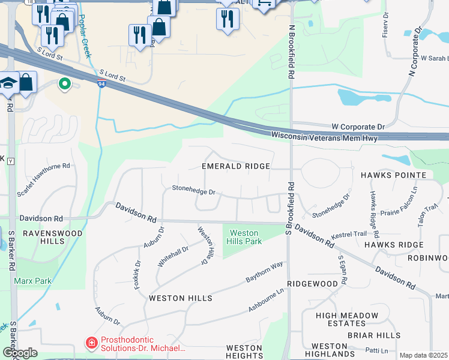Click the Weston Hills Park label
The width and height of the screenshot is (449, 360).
(x=244, y=237)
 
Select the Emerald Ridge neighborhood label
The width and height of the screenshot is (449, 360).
(x=235, y=166)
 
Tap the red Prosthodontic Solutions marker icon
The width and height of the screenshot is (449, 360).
(x=91, y=343)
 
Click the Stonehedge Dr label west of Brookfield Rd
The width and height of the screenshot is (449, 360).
(x=193, y=191)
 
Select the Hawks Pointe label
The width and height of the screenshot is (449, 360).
(x=393, y=175)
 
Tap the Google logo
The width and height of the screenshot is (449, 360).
(x=19, y=353)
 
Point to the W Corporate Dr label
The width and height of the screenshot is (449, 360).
(x=358, y=127)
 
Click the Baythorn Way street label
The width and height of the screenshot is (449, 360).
(x=264, y=272)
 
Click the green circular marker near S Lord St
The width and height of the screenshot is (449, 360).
(x=64, y=85)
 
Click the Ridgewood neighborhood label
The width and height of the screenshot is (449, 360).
(x=312, y=283)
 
